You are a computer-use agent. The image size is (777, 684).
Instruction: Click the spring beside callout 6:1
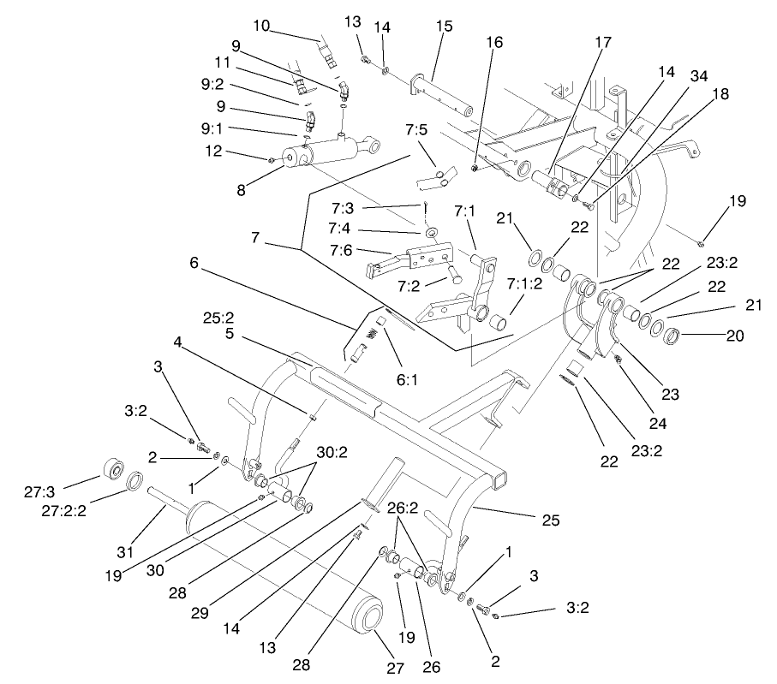tap(373, 329)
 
